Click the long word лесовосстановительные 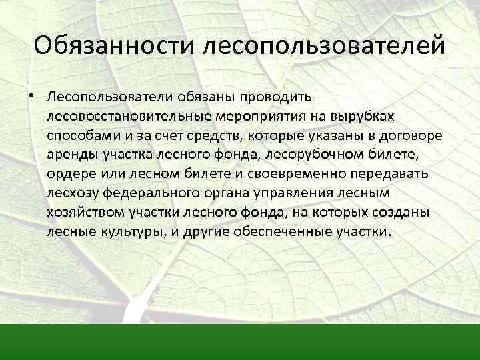(127, 117)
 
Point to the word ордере (66, 175)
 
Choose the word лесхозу (69, 194)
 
